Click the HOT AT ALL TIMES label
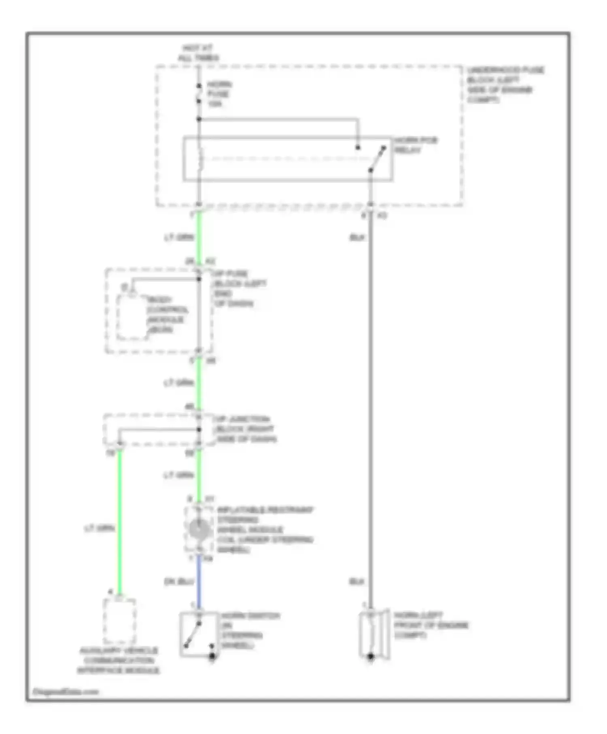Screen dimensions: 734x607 pos(198,53)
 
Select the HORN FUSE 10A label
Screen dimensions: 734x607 pos(219,94)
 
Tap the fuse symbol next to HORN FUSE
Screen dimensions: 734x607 pos(199,93)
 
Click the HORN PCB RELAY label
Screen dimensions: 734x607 pos(416,145)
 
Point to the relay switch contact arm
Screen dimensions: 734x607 pos(377,159)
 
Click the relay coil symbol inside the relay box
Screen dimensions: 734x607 pos(200,159)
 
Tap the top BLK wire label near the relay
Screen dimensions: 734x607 pos(357,238)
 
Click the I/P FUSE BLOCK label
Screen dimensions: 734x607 pos(239,288)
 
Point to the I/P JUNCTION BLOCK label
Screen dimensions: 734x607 pos(245,429)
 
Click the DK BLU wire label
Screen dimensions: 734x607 pos(179,581)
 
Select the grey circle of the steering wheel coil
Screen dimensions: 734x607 pos(199,529)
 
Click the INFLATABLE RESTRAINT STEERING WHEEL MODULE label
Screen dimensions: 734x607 pos(264,529)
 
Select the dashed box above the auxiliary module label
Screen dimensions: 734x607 pos(119,622)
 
